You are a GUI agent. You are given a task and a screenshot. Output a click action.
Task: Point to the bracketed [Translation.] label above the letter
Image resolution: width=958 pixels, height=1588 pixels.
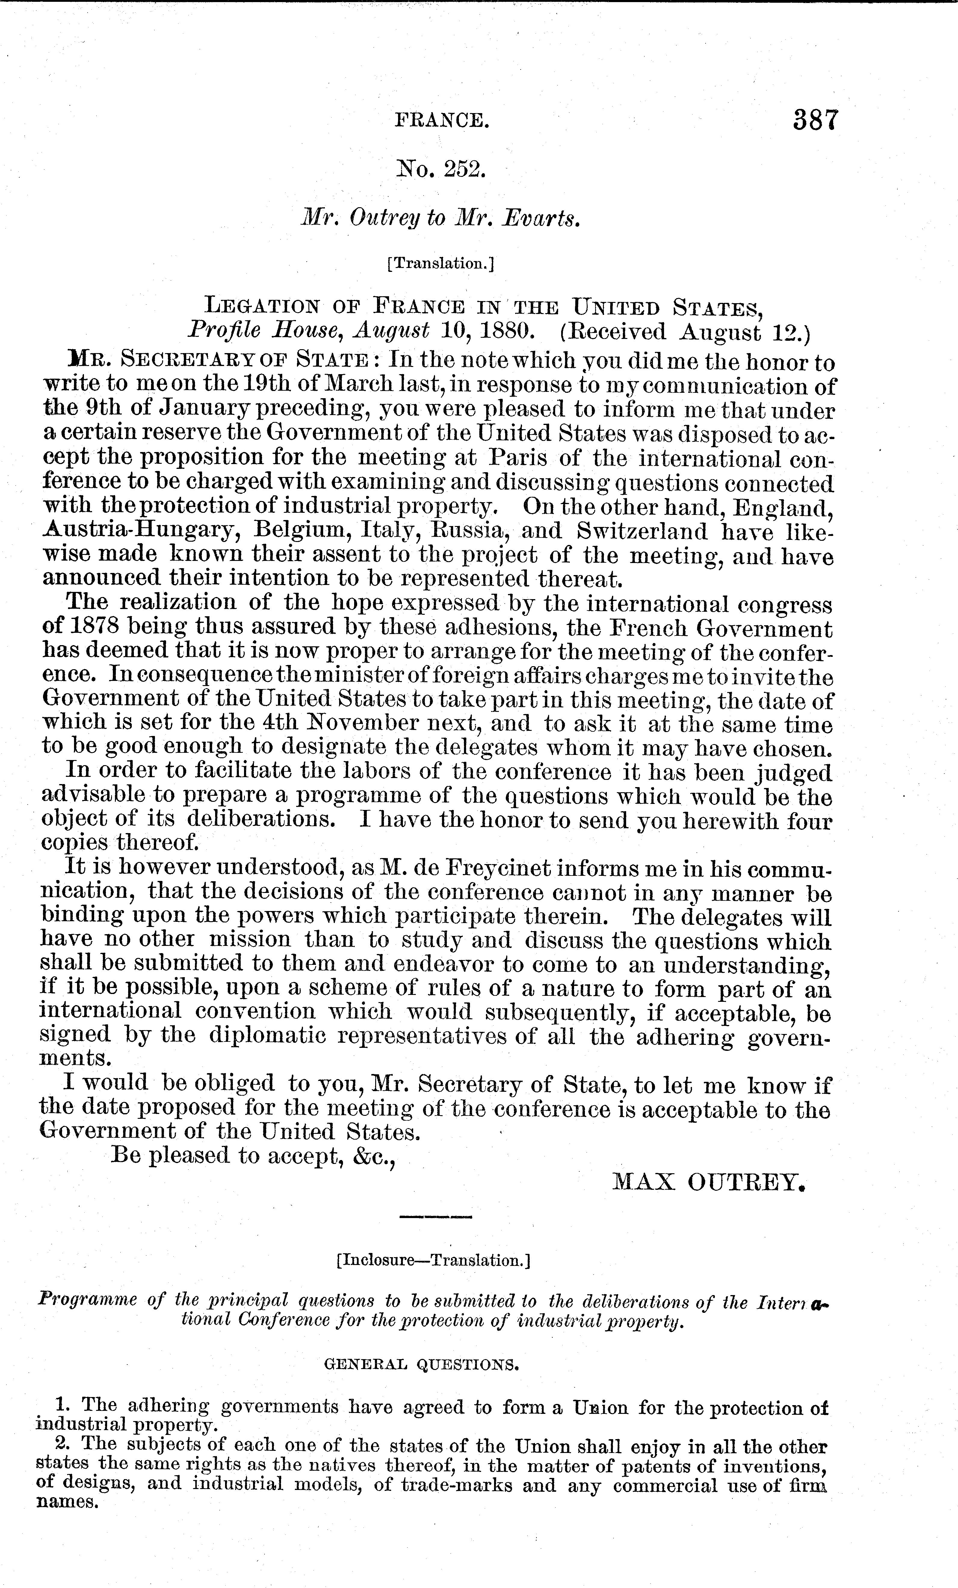click(441, 263)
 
